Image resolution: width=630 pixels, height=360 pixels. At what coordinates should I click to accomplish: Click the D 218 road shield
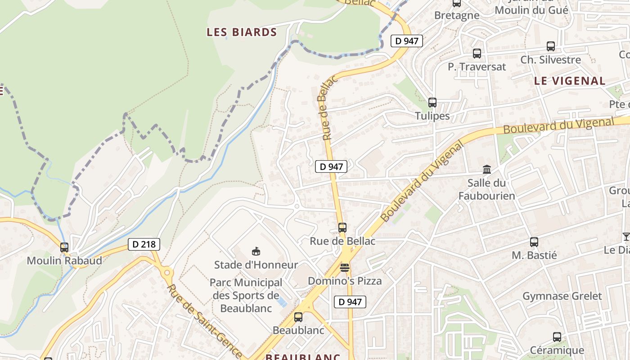144,244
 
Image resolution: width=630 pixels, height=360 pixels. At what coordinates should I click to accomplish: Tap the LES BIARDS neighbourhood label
242,32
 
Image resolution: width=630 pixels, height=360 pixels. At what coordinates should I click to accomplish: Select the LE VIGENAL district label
570,81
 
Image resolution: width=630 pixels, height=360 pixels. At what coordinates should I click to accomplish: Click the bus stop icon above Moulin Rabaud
64,247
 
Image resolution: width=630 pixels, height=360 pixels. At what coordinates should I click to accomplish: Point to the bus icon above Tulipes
432,102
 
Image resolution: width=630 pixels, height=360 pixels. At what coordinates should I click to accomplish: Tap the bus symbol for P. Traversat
477,54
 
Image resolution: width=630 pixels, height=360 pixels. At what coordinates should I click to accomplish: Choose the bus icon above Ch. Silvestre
551,46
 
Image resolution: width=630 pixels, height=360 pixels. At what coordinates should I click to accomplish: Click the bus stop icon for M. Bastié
534,242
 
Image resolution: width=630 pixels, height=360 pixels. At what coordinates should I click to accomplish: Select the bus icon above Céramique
557,337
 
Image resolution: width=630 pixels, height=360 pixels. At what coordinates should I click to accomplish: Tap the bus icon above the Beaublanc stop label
298,317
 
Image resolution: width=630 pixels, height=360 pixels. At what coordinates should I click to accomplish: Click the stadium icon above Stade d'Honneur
256,251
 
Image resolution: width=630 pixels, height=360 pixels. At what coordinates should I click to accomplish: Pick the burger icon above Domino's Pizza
345,268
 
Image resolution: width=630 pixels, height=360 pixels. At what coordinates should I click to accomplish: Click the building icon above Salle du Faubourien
487,170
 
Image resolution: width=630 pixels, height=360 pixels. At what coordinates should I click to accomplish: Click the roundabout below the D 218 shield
168,272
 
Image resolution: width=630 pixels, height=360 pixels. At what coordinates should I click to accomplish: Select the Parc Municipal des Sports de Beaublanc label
246,295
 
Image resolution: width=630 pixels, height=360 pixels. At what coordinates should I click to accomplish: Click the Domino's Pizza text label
345,281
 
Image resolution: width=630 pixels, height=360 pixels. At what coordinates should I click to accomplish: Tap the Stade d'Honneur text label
256,265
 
